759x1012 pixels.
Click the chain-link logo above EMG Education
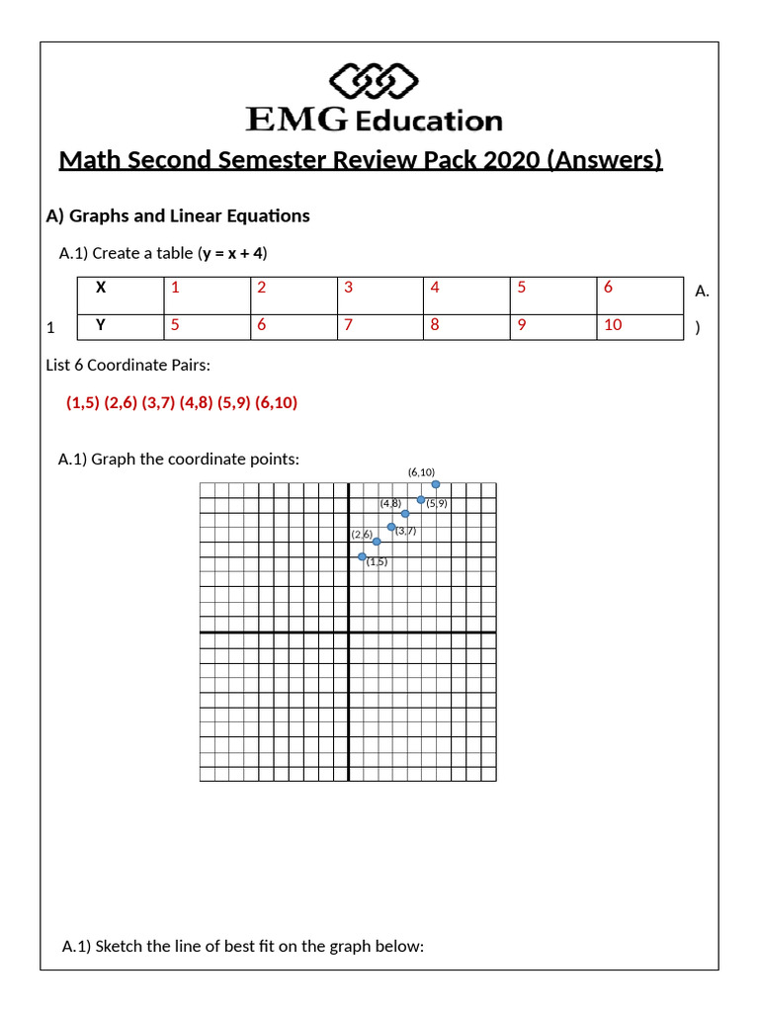coord(373,80)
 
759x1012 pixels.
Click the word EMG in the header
coord(295,121)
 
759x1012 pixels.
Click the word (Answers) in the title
coord(604,160)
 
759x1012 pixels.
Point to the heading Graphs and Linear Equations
coord(189,215)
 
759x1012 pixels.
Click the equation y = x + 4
coord(232,253)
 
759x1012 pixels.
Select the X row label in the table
coord(100,288)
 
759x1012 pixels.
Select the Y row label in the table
coord(100,324)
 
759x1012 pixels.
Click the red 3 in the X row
coord(348,288)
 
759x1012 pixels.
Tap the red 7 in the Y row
coord(348,324)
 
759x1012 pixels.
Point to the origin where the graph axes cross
coord(349,632)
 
